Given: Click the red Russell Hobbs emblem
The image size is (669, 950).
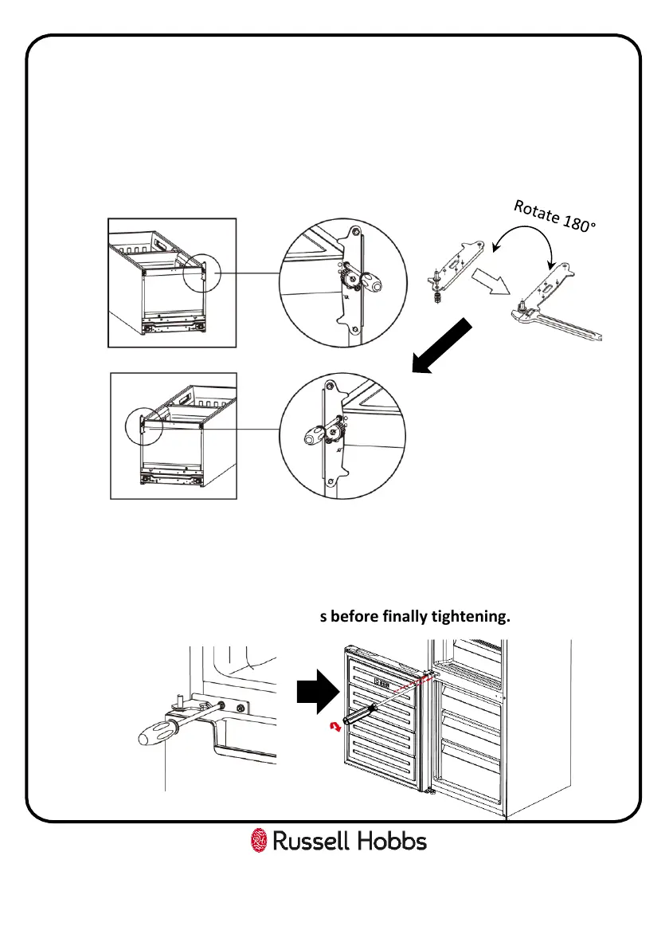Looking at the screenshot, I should tap(258, 841).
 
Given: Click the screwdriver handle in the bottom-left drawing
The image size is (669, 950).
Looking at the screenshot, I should tap(156, 730).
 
